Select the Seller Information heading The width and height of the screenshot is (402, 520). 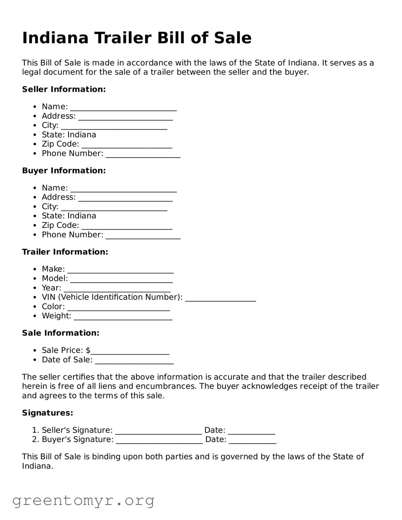(x=64, y=89)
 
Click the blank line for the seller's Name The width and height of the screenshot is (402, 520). (x=123, y=108)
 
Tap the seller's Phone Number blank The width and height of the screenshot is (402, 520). (x=143, y=154)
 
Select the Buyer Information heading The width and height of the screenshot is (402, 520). (x=64, y=170)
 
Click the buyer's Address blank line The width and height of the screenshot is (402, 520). (x=125, y=198)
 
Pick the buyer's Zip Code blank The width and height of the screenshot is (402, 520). (x=127, y=226)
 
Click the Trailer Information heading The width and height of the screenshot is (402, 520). (x=65, y=252)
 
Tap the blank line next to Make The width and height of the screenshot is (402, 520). (x=120, y=270)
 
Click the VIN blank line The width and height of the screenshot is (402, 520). (x=220, y=298)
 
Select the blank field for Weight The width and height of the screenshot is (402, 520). (x=123, y=317)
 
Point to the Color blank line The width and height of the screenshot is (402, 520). (x=118, y=308)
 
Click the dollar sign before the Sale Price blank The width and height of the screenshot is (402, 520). (x=88, y=350)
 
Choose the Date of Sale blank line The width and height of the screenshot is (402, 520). (x=134, y=361)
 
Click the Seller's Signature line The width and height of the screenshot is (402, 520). (x=158, y=431)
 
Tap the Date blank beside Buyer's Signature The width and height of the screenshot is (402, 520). (x=252, y=441)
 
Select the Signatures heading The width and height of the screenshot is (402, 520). (x=48, y=413)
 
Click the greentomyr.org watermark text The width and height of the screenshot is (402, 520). (x=83, y=501)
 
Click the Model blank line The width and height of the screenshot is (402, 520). (x=121, y=279)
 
